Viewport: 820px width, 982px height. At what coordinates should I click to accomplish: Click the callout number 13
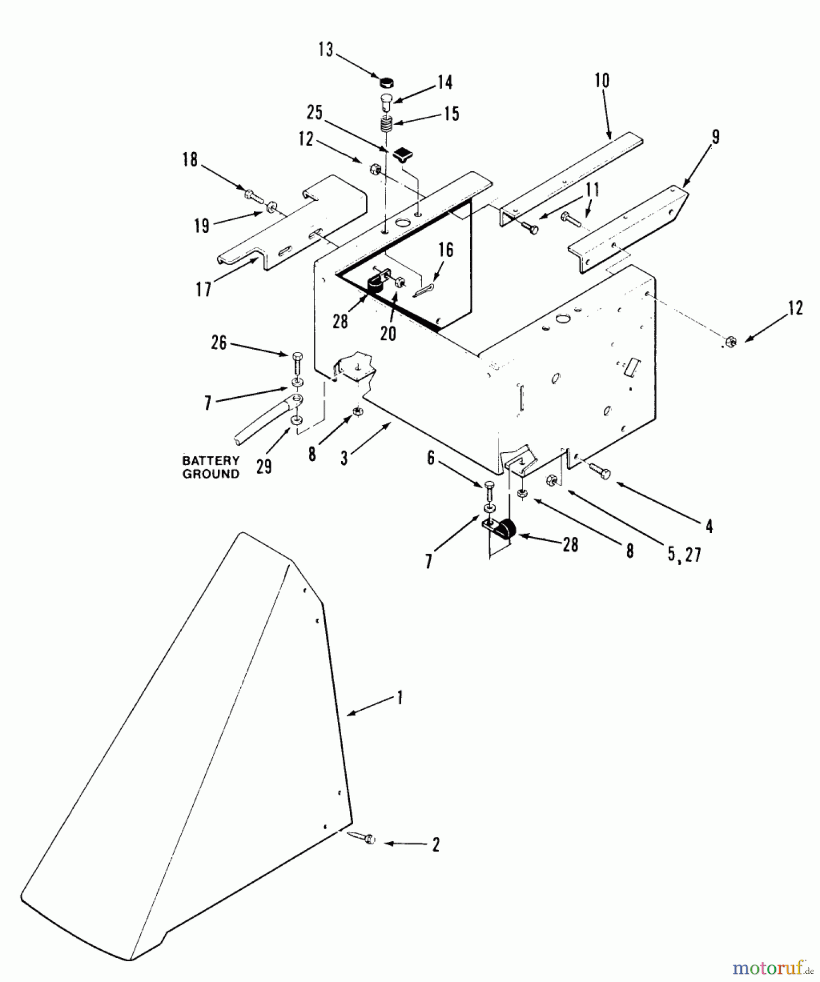tap(325, 50)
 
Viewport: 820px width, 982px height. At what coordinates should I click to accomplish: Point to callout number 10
tap(602, 81)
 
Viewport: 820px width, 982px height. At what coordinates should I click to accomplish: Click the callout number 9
tap(715, 137)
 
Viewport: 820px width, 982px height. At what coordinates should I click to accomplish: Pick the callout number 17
tap(204, 289)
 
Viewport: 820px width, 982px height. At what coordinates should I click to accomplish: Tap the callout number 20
tap(388, 333)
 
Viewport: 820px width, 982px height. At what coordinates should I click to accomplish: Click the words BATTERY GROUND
tap(211, 468)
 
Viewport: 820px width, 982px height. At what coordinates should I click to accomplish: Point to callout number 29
tap(264, 466)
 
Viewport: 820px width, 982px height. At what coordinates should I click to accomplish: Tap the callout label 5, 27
tap(684, 555)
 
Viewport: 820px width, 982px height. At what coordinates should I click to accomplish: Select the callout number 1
tap(400, 697)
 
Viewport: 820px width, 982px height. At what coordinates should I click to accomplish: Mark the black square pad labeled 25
tap(402, 153)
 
